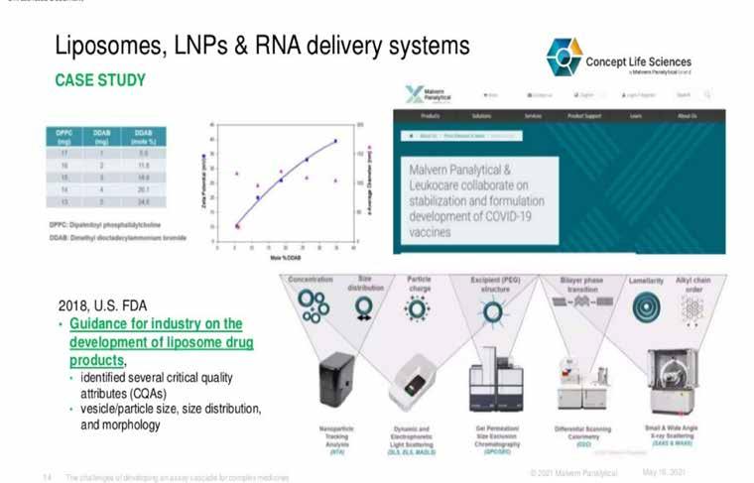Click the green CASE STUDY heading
[x=99, y=79]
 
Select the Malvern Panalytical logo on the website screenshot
[x=428, y=95]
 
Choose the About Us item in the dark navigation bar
[x=687, y=116]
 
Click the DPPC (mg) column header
[x=63, y=137]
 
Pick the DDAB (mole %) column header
[x=143, y=137]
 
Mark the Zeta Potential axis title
[x=203, y=184]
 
